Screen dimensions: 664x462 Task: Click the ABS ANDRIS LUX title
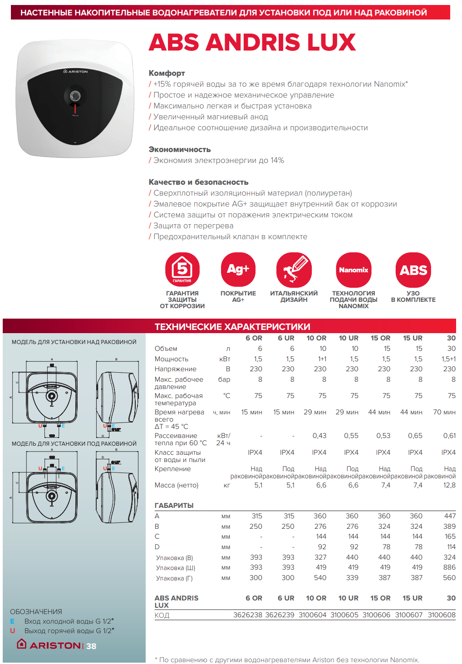[252, 42]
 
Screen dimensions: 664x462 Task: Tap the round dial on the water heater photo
[75, 96]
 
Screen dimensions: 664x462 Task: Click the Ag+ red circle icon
[238, 270]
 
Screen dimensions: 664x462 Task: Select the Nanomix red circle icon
[354, 270]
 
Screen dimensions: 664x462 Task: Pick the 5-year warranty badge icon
[182, 270]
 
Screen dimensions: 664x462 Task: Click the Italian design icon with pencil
[294, 270]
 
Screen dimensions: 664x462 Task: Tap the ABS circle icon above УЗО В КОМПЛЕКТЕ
[413, 270]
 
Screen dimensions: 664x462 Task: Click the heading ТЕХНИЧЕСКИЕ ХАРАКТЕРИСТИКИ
[232, 327]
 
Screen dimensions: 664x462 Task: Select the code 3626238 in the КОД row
[248, 615]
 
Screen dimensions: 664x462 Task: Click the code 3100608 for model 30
[442, 615]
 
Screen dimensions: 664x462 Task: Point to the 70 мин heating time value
[444, 412]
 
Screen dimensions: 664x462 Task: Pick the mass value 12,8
[449, 485]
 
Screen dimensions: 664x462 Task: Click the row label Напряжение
[176, 369]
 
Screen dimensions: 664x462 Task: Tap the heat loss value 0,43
[319, 436]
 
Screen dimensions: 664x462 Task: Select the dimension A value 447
[450, 516]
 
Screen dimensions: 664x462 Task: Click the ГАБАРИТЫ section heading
[174, 506]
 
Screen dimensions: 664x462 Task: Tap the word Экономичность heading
[180, 149]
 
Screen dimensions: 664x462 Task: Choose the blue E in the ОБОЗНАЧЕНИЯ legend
[12, 621]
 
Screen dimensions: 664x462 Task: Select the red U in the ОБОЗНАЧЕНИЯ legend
[12, 631]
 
